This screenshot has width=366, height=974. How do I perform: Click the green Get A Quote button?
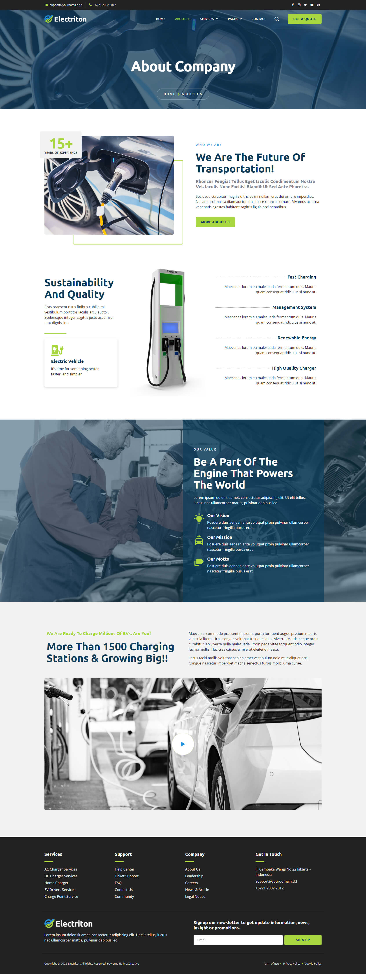[304, 19]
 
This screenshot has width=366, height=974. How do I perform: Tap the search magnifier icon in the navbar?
[277, 19]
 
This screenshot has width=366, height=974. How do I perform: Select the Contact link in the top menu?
[258, 19]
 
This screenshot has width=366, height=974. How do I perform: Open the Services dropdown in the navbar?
[209, 19]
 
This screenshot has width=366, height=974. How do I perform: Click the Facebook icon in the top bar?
[293, 5]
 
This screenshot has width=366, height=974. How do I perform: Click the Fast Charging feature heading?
[301, 277]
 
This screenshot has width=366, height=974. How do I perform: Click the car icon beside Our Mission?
[199, 541]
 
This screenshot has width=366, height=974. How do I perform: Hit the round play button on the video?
[183, 744]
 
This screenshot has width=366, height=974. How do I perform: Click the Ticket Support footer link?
[126, 876]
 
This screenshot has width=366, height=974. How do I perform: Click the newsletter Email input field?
[238, 940]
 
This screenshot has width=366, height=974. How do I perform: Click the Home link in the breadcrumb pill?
[169, 94]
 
